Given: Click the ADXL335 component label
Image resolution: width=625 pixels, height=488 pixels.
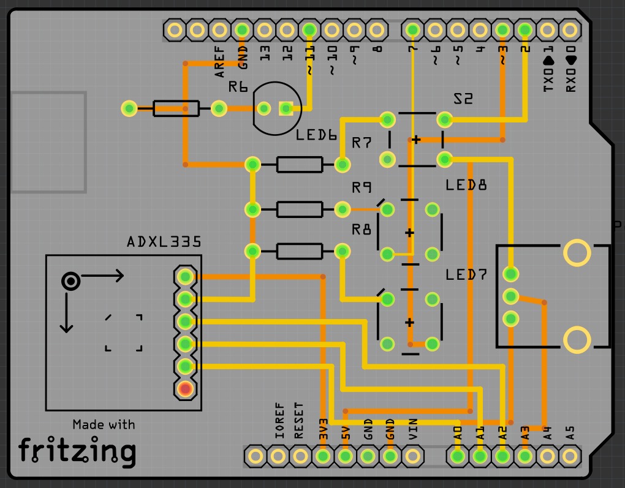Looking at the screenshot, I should pyautogui.click(x=164, y=242).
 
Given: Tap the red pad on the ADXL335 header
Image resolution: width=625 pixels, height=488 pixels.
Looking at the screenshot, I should pyautogui.click(x=185, y=388).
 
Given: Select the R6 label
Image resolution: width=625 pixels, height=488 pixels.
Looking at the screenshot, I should pyautogui.click(x=238, y=88).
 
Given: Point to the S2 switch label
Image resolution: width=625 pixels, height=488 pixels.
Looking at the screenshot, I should pyautogui.click(x=463, y=99).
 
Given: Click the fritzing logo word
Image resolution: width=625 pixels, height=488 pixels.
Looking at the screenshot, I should pyautogui.click(x=77, y=452).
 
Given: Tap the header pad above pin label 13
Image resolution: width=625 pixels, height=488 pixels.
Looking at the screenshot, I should pyautogui.click(x=265, y=29).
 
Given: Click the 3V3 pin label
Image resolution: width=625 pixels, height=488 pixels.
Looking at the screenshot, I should pyautogui.click(x=323, y=429).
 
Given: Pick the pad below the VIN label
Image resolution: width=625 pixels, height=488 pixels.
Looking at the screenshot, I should pyautogui.click(x=413, y=456).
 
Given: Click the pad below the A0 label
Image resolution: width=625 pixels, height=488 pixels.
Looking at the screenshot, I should pyautogui.click(x=457, y=456).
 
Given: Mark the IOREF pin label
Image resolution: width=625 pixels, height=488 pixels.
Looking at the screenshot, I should pyautogui.click(x=279, y=421).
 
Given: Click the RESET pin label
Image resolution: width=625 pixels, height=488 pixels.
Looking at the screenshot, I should pyautogui.click(x=299, y=421).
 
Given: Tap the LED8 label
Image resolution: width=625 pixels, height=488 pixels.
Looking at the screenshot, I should pyautogui.click(x=466, y=184).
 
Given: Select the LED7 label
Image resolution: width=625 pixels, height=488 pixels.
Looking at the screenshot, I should pyautogui.click(x=466, y=275).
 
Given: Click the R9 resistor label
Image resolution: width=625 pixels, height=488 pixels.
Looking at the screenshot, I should pyautogui.click(x=362, y=187).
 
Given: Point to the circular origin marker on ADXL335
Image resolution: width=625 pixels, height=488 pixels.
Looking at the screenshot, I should pyautogui.click(x=71, y=281).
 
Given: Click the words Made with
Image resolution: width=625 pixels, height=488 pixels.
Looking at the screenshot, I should pyautogui.click(x=104, y=424).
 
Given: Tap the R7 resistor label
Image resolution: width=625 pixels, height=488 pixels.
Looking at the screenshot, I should pyautogui.click(x=362, y=143).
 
